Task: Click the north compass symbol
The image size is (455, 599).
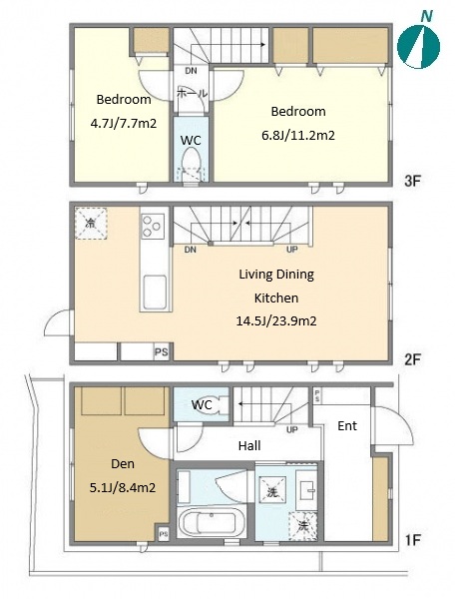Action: [418, 46]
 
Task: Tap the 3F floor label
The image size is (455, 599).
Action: [412, 181]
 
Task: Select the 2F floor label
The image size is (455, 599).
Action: [412, 359]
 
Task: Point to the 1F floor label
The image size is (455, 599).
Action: [412, 540]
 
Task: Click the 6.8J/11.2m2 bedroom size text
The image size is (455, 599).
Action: [298, 135]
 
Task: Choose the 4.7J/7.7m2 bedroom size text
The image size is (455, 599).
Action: [124, 124]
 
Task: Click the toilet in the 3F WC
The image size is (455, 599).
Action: [191, 161]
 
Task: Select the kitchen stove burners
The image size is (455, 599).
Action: [153, 226]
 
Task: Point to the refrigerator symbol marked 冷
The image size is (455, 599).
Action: [91, 223]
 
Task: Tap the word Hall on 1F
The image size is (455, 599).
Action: [249, 445]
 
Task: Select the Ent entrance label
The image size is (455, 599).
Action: [347, 425]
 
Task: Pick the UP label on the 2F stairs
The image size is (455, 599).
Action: [292, 250]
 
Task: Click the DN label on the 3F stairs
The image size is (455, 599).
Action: [191, 71]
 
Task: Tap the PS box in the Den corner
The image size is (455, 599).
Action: [163, 534]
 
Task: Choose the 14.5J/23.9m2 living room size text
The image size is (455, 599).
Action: [276, 320]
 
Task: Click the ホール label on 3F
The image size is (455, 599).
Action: [192, 93]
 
